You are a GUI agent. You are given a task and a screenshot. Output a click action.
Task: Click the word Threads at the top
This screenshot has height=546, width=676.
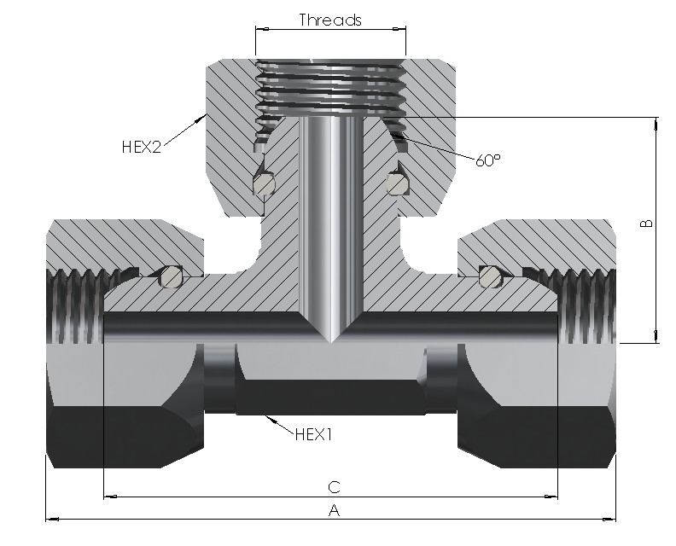pyautogui.click(x=330, y=20)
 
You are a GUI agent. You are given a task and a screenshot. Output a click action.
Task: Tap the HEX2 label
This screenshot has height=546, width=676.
pyautogui.click(x=142, y=147)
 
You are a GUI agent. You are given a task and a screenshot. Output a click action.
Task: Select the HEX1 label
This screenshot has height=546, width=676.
pyautogui.click(x=314, y=434)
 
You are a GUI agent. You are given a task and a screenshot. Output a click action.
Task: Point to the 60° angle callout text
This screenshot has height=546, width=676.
pyautogui.click(x=488, y=160)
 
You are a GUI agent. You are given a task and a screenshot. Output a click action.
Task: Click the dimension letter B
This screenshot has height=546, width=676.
pyautogui.click(x=647, y=224)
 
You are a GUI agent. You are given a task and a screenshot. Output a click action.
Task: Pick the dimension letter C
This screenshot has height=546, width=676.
pyautogui.click(x=334, y=487)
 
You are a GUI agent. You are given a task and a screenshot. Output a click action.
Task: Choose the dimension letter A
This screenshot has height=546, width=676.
pyautogui.click(x=334, y=511)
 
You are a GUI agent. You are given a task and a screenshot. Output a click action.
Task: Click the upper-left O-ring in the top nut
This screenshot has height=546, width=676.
pyautogui.click(x=264, y=184)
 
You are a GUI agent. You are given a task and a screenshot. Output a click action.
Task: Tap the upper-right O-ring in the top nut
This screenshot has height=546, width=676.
pyautogui.click(x=398, y=183)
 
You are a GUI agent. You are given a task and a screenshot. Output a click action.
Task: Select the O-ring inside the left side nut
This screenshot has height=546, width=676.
pyautogui.click(x=171, y=276)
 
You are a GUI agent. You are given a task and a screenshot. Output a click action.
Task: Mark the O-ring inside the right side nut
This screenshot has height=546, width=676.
pyautogui.click(x=491, y=276)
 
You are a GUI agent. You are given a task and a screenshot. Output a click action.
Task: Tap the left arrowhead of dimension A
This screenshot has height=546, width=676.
pyautogui.click(x=52, y=520)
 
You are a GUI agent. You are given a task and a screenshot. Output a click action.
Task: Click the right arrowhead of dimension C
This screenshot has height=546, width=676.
pyautogui.click(x=551, y=497)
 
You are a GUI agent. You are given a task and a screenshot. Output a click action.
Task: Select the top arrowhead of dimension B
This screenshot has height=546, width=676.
pyautogui.click(x=656, y=123)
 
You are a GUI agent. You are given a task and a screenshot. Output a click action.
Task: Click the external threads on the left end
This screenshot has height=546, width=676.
pyautogui.click(x=74, y=306)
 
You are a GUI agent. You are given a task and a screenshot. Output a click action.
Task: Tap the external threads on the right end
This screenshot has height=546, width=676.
pyautogui.click(x=586, y=306)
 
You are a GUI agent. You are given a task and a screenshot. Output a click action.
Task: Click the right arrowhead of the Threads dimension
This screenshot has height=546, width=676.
pyautogui.click(x=399, y=29)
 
